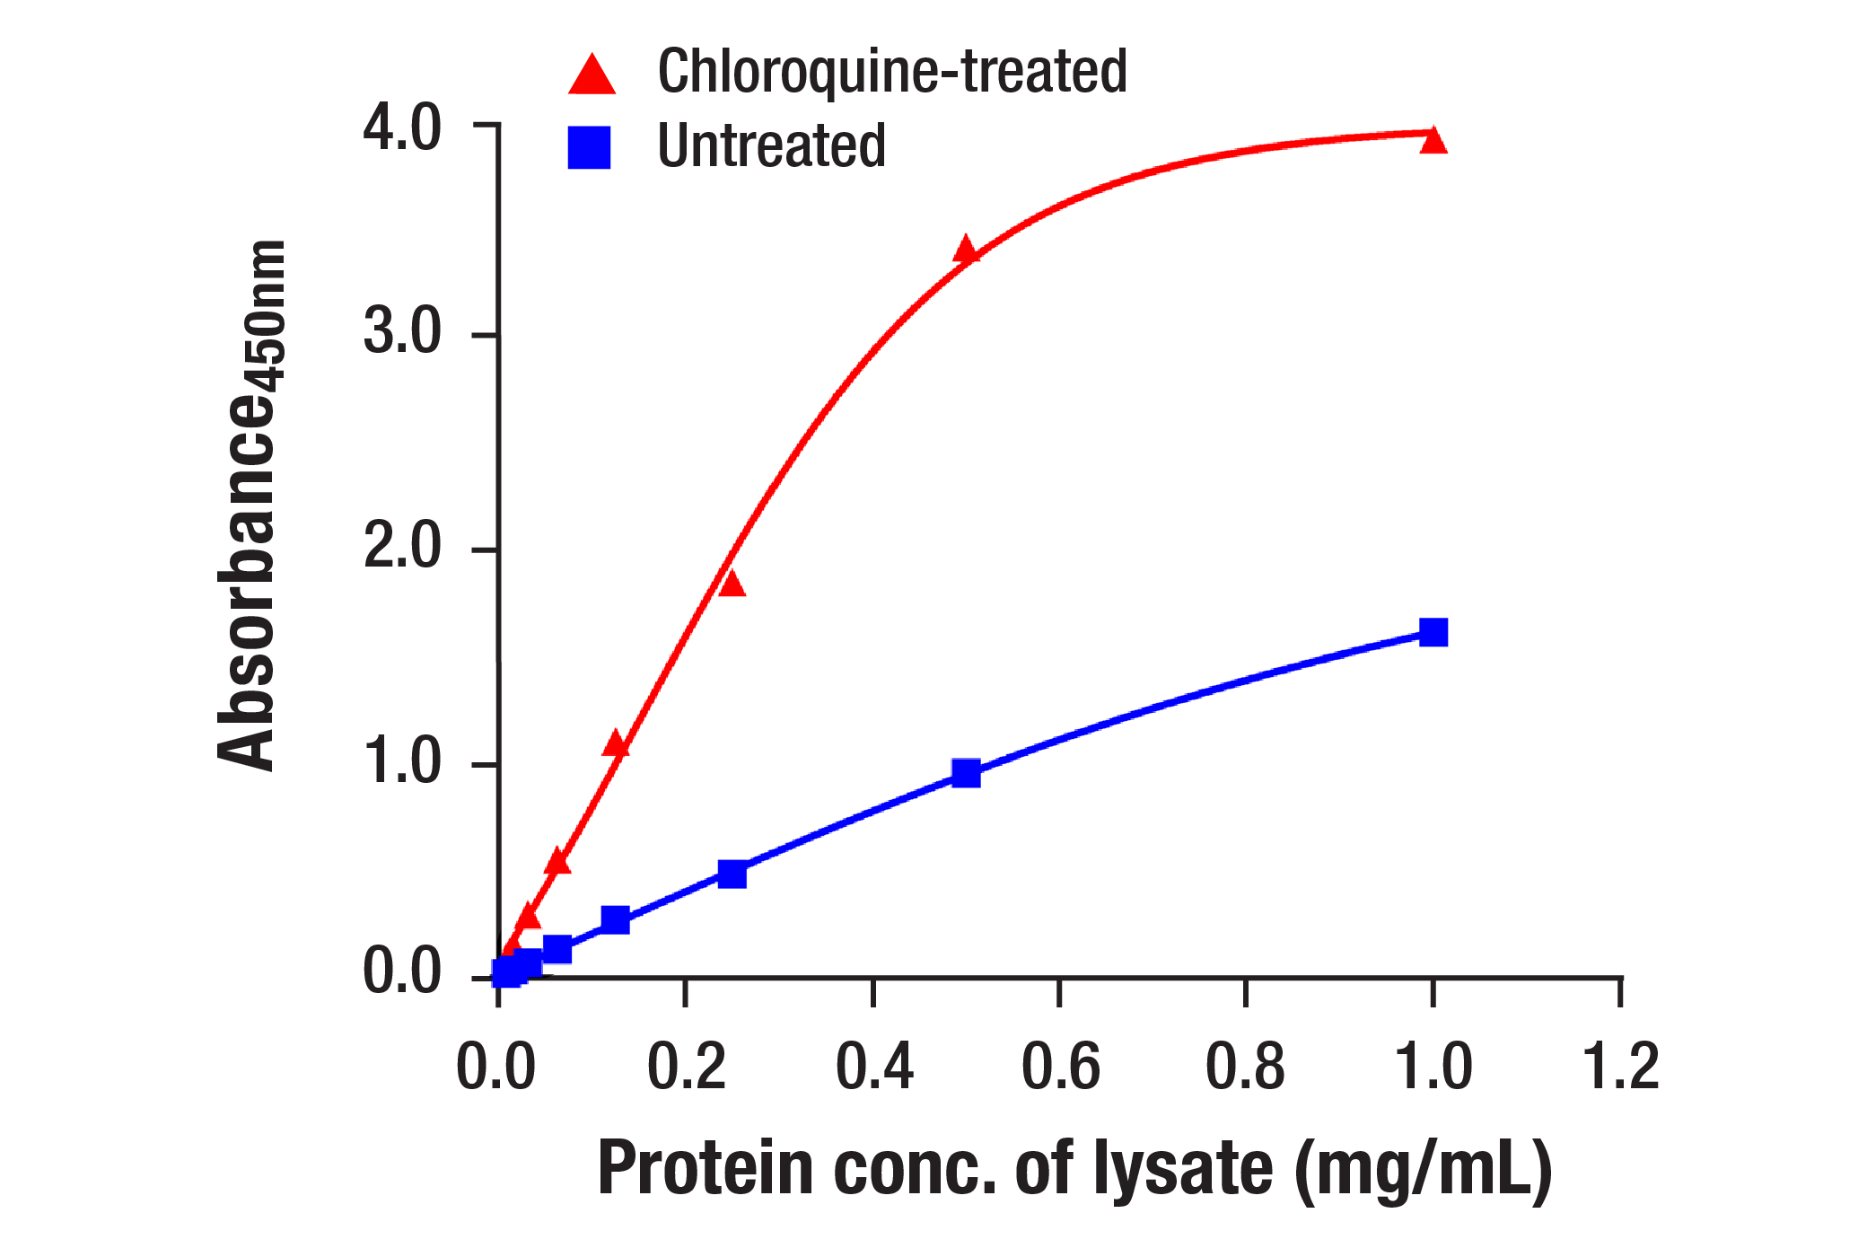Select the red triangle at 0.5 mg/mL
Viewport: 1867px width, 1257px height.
click(966, 251)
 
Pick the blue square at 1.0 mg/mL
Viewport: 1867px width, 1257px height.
click(1433, 632)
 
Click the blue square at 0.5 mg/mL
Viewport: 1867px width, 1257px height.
click(966, 772)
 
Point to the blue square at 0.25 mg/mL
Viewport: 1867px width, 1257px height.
click(732, 874)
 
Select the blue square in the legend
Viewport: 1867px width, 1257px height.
click(590, 147)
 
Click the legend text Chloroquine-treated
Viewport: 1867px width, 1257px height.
click(892, 72)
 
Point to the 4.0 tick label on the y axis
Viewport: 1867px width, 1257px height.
click(402, 127)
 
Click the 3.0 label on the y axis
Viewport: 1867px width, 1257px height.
click(402, 332)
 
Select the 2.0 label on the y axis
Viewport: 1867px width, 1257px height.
click(402, 546)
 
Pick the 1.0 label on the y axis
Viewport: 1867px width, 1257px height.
click(402, 761)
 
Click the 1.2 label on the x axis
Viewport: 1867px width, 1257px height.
click(1620, 1068)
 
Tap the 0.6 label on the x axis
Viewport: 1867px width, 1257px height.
click(1060, 1068)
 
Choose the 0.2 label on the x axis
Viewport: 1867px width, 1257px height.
click(686, 1068)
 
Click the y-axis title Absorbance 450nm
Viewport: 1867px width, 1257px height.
click(251, 505)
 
